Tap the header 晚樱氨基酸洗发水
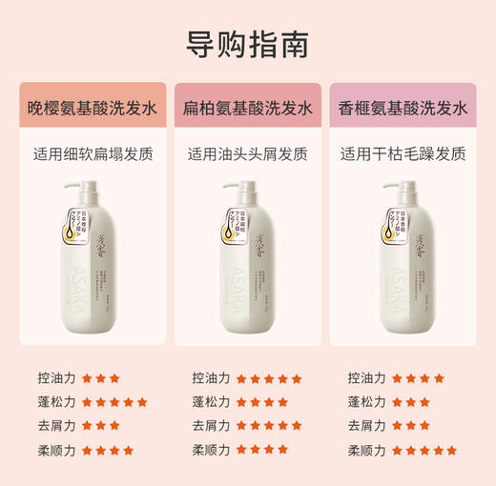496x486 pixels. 93,108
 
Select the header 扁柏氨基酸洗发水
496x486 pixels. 247,108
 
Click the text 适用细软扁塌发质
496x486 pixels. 93,153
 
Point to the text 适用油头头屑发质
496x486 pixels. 247,153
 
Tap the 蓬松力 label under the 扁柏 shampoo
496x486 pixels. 211,402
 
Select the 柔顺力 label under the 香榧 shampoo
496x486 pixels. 367,450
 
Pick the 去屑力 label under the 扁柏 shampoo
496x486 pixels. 211,426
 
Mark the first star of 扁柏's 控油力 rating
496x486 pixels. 242,378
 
